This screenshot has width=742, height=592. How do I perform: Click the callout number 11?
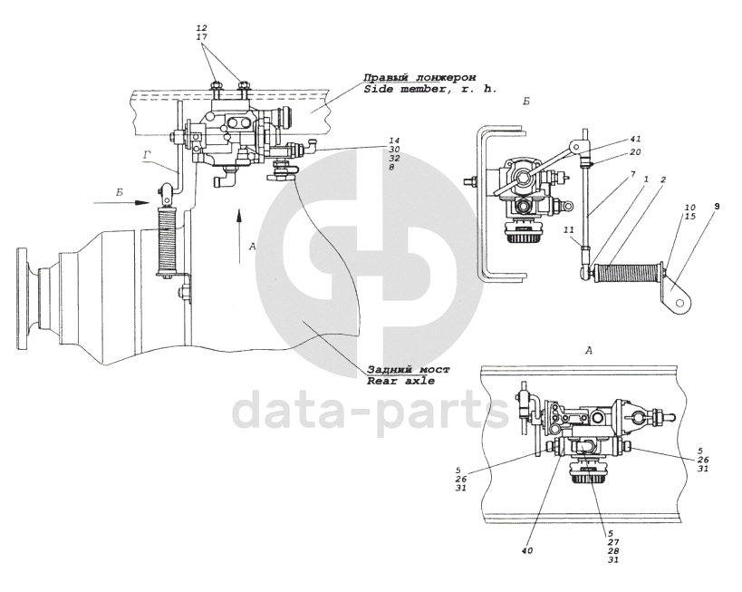(567, 231)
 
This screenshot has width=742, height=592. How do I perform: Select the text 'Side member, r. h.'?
(419, 90)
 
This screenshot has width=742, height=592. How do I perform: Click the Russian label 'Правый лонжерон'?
(419, 78)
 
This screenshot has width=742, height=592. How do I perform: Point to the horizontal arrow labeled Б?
(127, 204)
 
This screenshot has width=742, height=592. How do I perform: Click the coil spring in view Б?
(627, 269)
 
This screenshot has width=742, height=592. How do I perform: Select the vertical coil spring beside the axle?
(165, 241)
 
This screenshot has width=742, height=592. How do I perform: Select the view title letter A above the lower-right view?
(589, 349)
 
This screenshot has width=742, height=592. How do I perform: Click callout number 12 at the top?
(201, 27)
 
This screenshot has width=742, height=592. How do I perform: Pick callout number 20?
(635, 151)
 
